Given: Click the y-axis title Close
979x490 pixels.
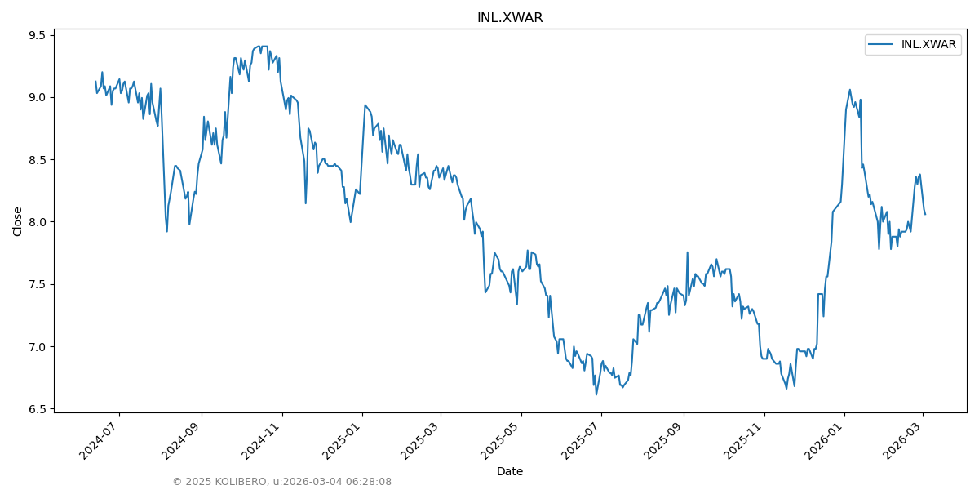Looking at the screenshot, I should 18,221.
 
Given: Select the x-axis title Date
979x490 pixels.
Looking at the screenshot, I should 510,471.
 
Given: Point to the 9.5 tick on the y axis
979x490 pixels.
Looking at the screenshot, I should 38,35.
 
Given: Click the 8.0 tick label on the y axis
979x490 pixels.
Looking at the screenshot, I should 38,222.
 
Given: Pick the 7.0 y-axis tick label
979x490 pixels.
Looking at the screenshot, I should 38,347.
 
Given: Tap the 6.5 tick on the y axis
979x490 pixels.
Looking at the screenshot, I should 38,409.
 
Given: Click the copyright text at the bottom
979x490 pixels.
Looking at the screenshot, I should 281,482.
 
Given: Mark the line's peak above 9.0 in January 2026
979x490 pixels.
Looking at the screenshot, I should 849,90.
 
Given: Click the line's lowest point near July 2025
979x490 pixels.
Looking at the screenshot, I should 596,394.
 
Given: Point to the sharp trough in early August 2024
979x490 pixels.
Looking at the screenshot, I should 167,231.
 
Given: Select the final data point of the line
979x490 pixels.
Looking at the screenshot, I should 925,214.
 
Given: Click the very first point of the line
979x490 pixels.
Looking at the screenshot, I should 95,81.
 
